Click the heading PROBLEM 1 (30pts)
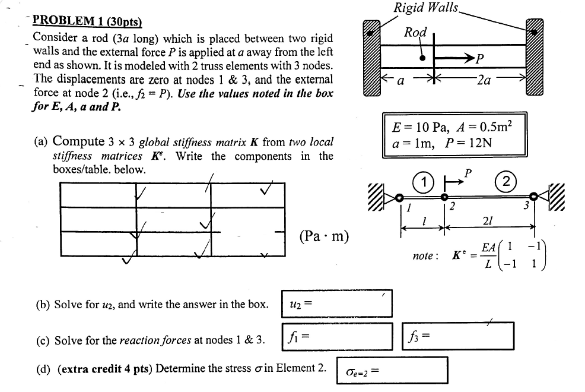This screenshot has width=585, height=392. (x=87, y=21)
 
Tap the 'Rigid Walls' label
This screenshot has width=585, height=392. (x=426, y=8)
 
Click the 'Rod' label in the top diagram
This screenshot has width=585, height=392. (x=415, y=32)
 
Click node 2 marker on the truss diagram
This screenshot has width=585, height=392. (x=444, y=197)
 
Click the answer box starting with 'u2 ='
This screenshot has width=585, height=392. (x=337, y=304)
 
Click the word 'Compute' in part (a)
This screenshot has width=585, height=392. (x=78, y=141)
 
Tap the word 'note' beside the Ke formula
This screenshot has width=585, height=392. (x=425, y=256)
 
